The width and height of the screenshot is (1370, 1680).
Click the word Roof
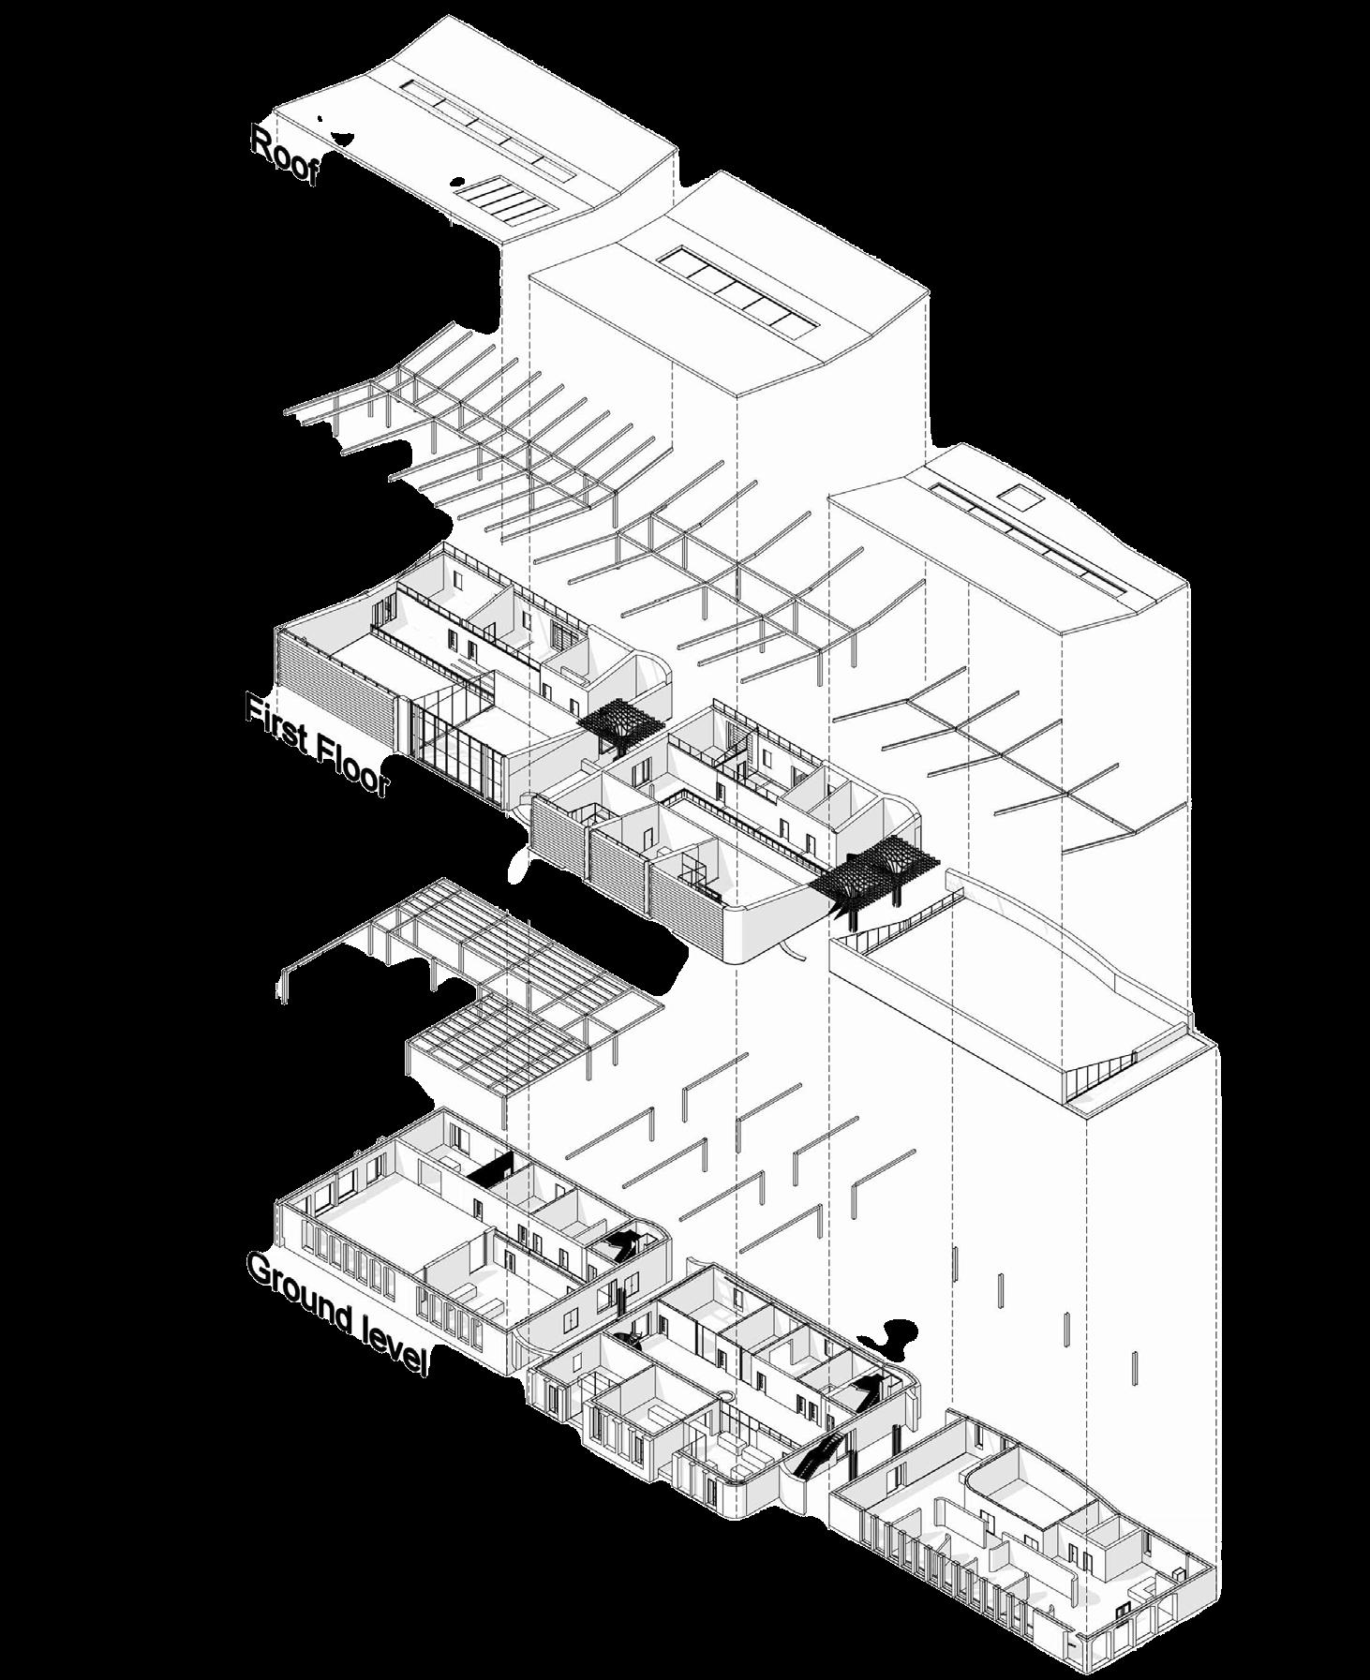pyautogui.click(x=285, y=156)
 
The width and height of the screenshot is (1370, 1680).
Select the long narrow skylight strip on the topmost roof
pyautogui.click(x=487, y=130)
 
